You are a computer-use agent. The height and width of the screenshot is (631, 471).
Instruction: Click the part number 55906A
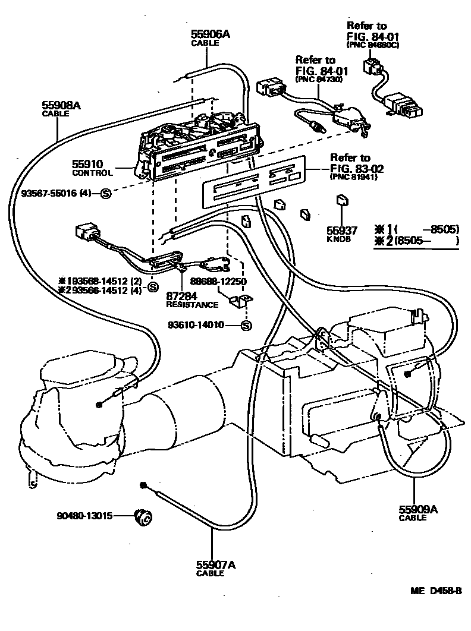211,34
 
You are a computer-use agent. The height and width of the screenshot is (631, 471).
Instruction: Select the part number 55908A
61,105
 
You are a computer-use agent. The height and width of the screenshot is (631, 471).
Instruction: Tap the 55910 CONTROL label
92,168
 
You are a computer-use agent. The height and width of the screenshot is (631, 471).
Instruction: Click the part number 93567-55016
48,193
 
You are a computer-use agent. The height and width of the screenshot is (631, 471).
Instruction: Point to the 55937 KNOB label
342,234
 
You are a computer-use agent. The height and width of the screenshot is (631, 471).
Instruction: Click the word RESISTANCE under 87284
192,305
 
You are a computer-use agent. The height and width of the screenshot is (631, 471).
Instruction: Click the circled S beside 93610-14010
246,325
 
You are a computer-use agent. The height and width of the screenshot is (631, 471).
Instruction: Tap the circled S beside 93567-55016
106,194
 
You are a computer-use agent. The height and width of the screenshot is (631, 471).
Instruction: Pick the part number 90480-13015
84,516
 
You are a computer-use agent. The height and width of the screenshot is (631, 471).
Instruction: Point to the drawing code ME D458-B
436,591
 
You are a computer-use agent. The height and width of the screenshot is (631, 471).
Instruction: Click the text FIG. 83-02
357,168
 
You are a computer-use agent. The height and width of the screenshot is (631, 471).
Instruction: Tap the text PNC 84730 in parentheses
319,79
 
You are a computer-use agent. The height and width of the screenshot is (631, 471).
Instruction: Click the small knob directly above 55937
342,200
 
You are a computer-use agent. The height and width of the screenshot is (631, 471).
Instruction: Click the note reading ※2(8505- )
417,241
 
